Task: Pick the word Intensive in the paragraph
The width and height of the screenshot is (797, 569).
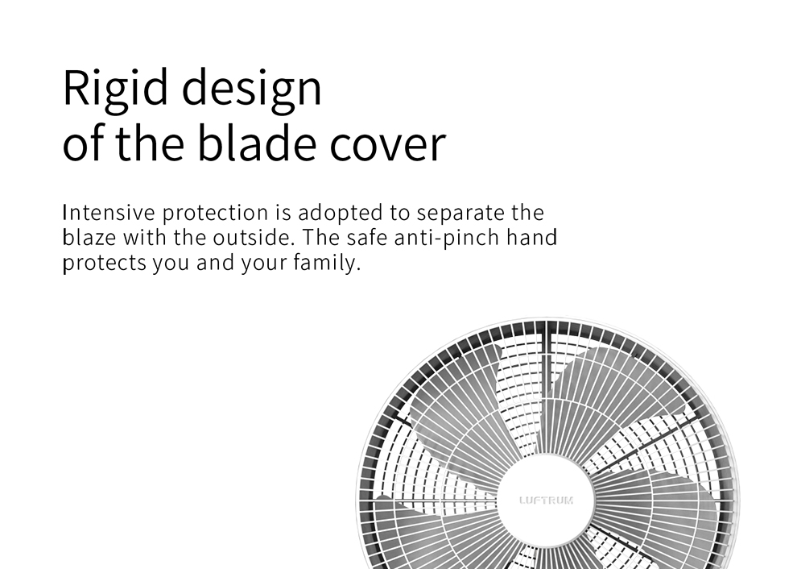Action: [108, 212]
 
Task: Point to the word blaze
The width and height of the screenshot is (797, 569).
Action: [89, 237]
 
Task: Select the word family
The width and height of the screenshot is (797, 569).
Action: [327, 264]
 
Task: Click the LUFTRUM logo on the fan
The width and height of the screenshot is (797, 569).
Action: [547, 500]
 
